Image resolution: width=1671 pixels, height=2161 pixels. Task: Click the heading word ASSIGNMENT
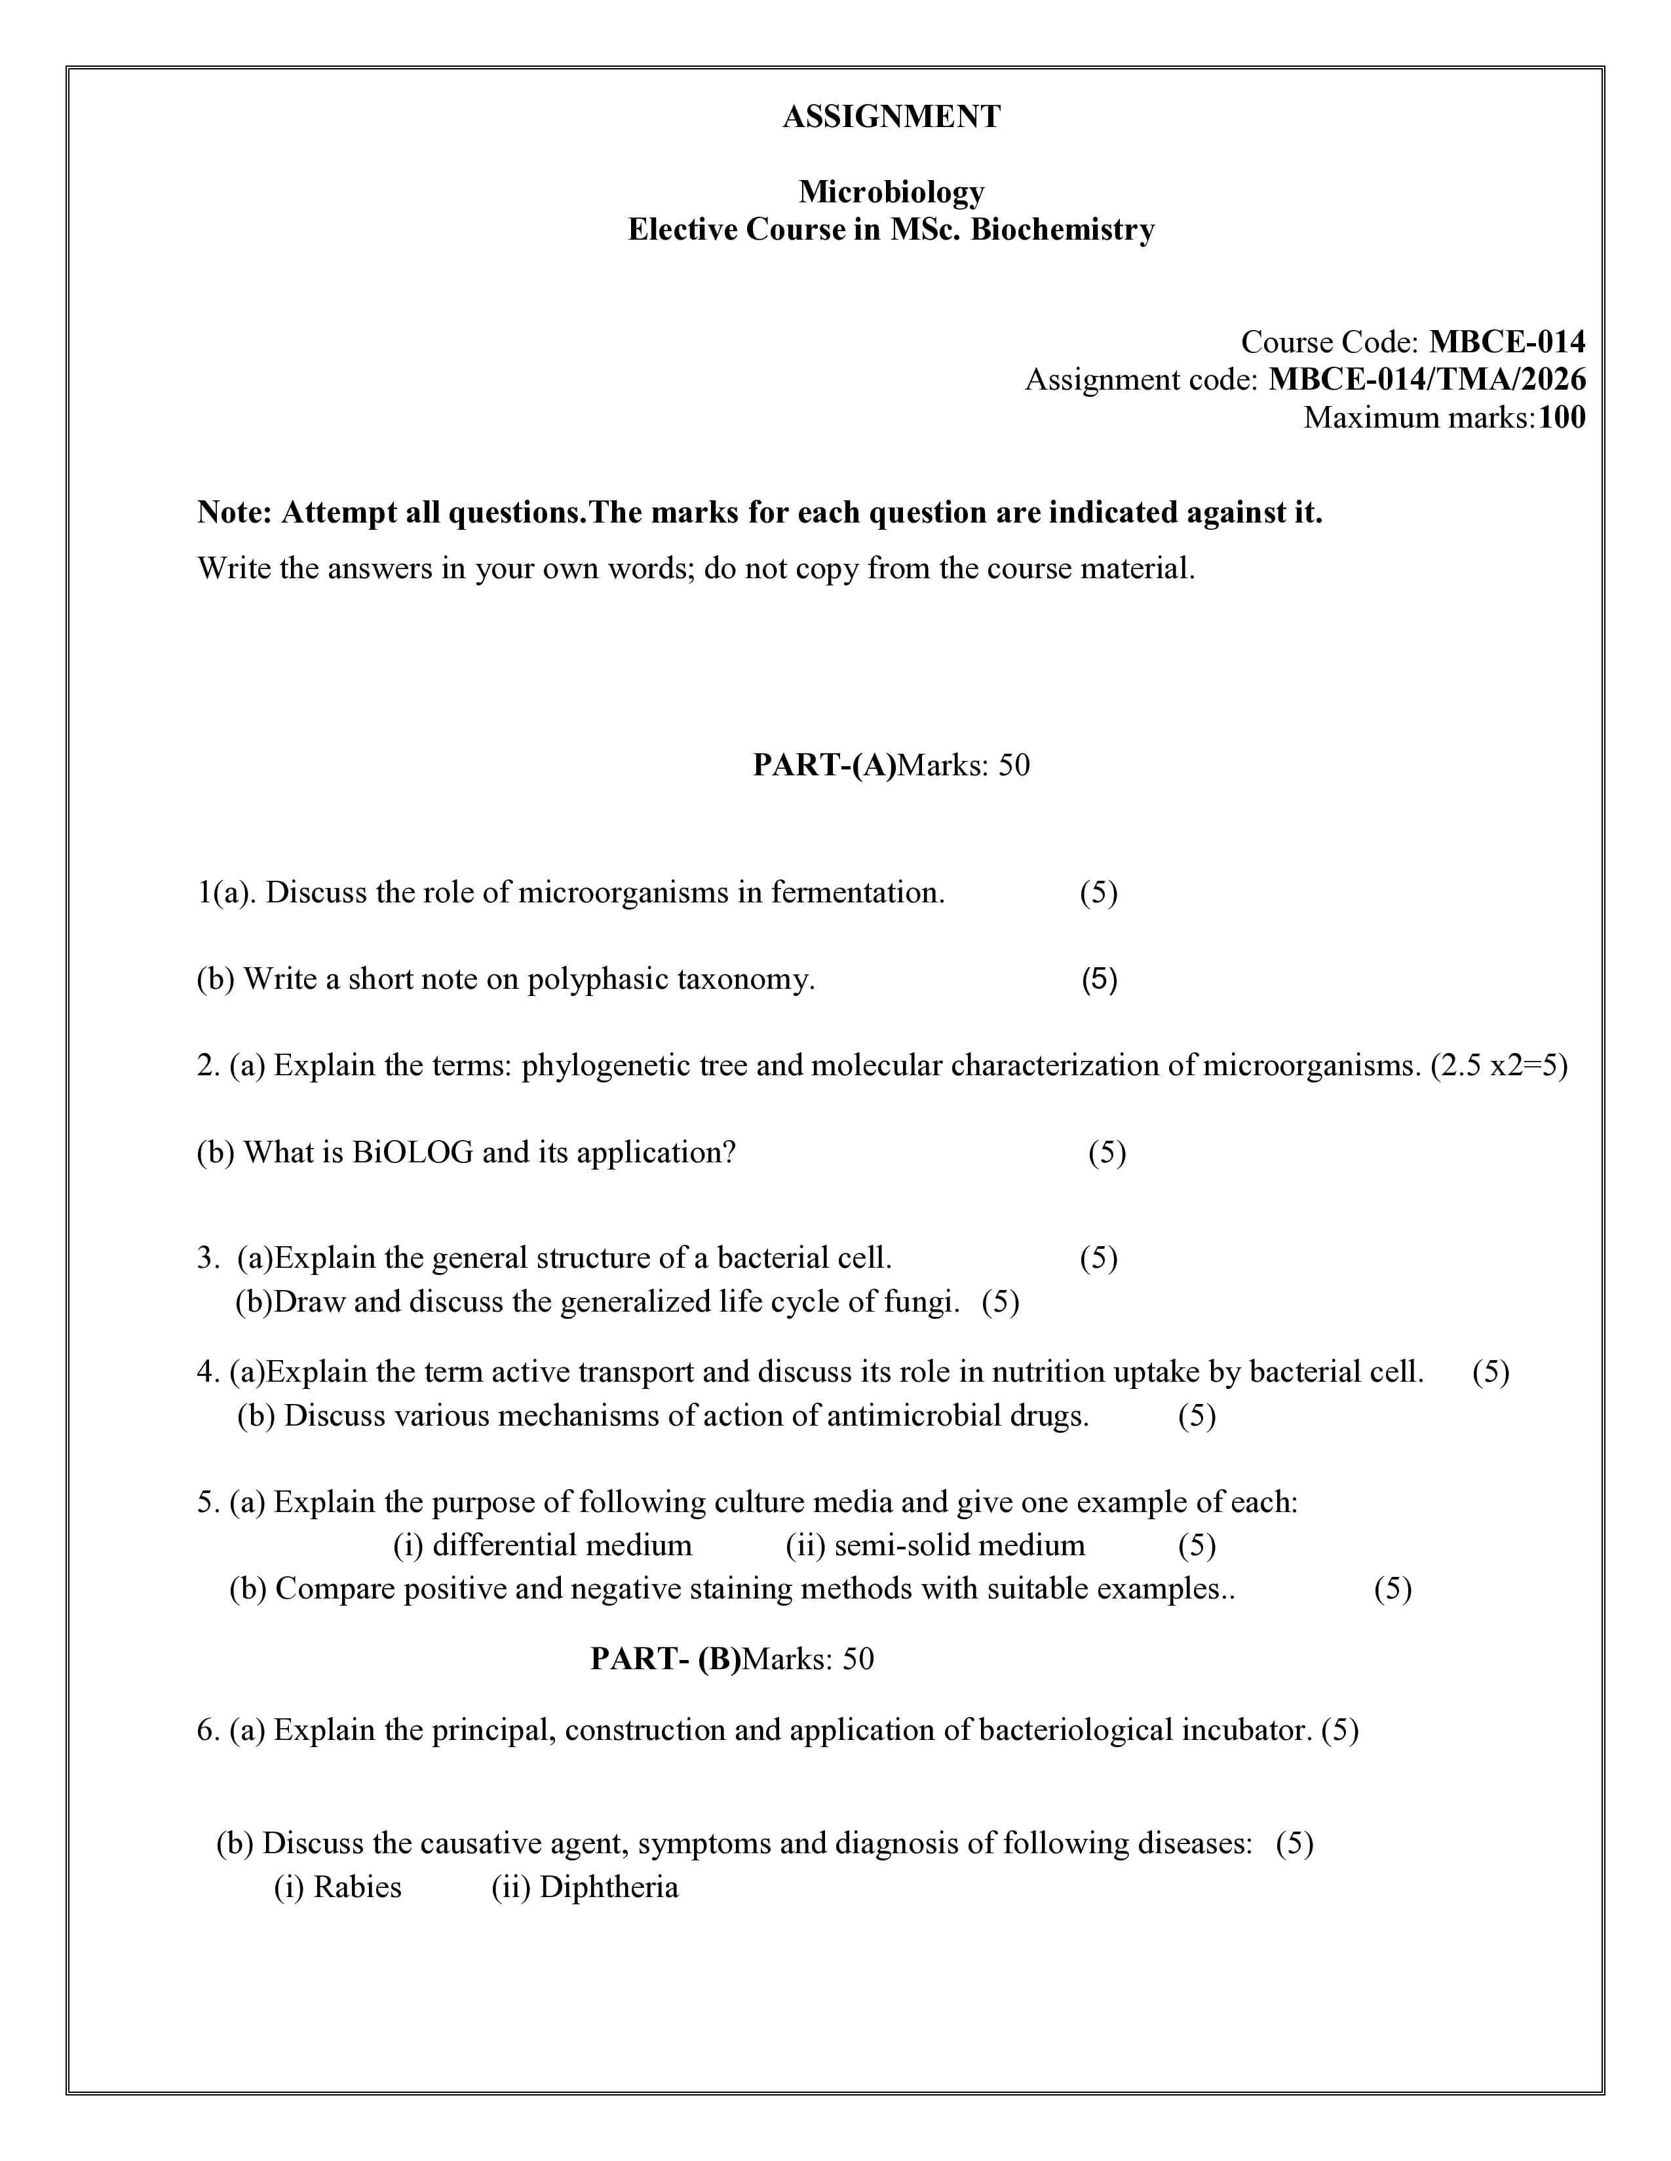tap(891, 117)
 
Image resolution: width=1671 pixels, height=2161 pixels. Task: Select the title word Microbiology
tap(891, 191)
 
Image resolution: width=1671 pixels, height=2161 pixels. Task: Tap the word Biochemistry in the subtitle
tap(1062, 230)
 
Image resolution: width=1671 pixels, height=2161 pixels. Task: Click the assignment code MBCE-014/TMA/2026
tap(1427, 380)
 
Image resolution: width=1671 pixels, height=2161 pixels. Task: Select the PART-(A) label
tap(824, 765)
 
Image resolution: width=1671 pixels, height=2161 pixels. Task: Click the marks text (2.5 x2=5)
tap(1499, 1065)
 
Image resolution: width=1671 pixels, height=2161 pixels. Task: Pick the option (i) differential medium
tap(543, 1545)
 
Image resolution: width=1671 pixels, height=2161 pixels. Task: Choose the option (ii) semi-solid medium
tap(936, 1545)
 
